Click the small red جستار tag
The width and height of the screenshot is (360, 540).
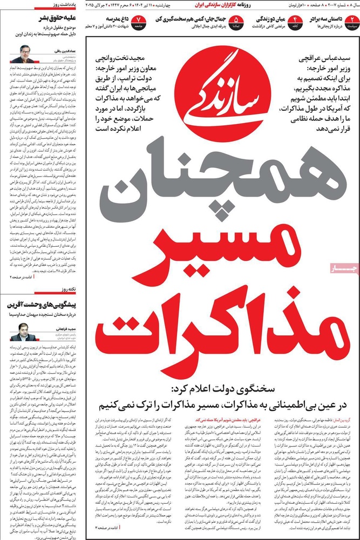click(x=327, y=268)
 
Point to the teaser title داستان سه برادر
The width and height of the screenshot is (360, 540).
click(x=326, y=19)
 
